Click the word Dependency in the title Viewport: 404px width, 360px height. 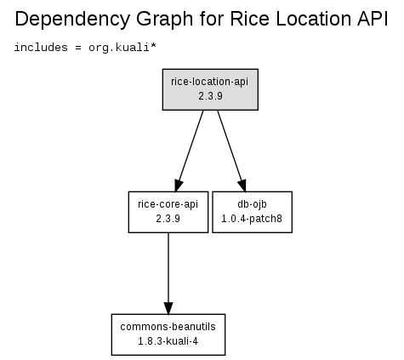(x=72, y=20)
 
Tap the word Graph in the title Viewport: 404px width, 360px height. (x=165, y=20)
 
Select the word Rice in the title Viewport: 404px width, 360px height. (x=249, y=19)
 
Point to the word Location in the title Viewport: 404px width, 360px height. (x=313, y=19)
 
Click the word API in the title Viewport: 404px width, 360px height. (x=373, y=19)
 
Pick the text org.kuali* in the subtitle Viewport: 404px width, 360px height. (x=122, y=48)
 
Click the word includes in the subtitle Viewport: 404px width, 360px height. (x=41, y=47)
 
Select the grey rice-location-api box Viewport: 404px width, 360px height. (x=210, y=89)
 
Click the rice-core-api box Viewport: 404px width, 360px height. (x=168, y=212)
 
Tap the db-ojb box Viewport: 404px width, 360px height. (x=252, y=212)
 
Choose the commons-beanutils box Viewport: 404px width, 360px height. (x=168, y=334)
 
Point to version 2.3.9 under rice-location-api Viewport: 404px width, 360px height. (x=210, y=96)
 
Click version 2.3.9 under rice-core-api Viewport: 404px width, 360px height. (x=168, y=219)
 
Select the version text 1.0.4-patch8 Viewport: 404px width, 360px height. (x=252, y=219)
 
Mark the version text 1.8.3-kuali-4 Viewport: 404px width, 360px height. (x=168, y=341)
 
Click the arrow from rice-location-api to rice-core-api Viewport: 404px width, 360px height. (x=190, y=151)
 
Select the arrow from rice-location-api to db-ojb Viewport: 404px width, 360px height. (x=231, y=151)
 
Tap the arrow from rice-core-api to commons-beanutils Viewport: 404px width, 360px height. (x=168, y=273)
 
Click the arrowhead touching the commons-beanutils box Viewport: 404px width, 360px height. (x=168, y=308)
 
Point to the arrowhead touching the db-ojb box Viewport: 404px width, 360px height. (x=242, y=186)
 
